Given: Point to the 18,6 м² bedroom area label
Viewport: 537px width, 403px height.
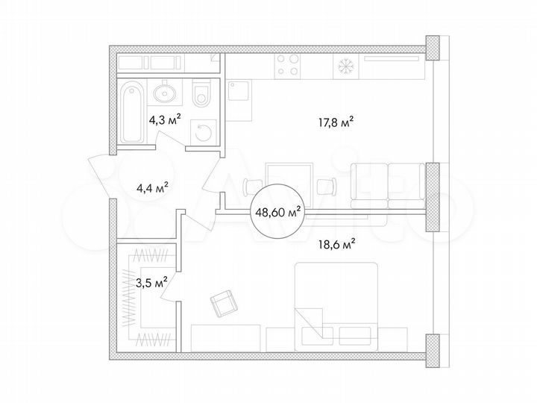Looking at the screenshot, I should click(x=337, y=242).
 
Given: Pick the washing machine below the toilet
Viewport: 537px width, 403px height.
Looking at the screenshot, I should click(x=202, y=133).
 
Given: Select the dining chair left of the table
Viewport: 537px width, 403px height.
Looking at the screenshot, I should click(x=250, y=185).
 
